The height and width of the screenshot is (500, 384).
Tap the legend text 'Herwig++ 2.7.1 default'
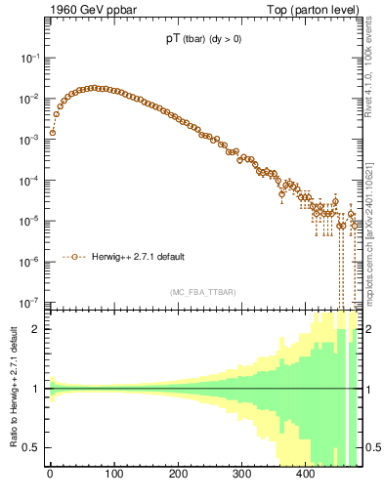click(136, 257)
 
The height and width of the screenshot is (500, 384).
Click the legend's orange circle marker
click(76, 257)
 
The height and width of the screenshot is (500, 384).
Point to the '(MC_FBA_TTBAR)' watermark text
click(202, 292)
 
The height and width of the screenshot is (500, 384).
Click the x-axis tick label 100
click(113, 474)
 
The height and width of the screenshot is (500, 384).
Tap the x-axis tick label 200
click(177, 474)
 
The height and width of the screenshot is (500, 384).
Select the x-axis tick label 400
click(305, 474)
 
